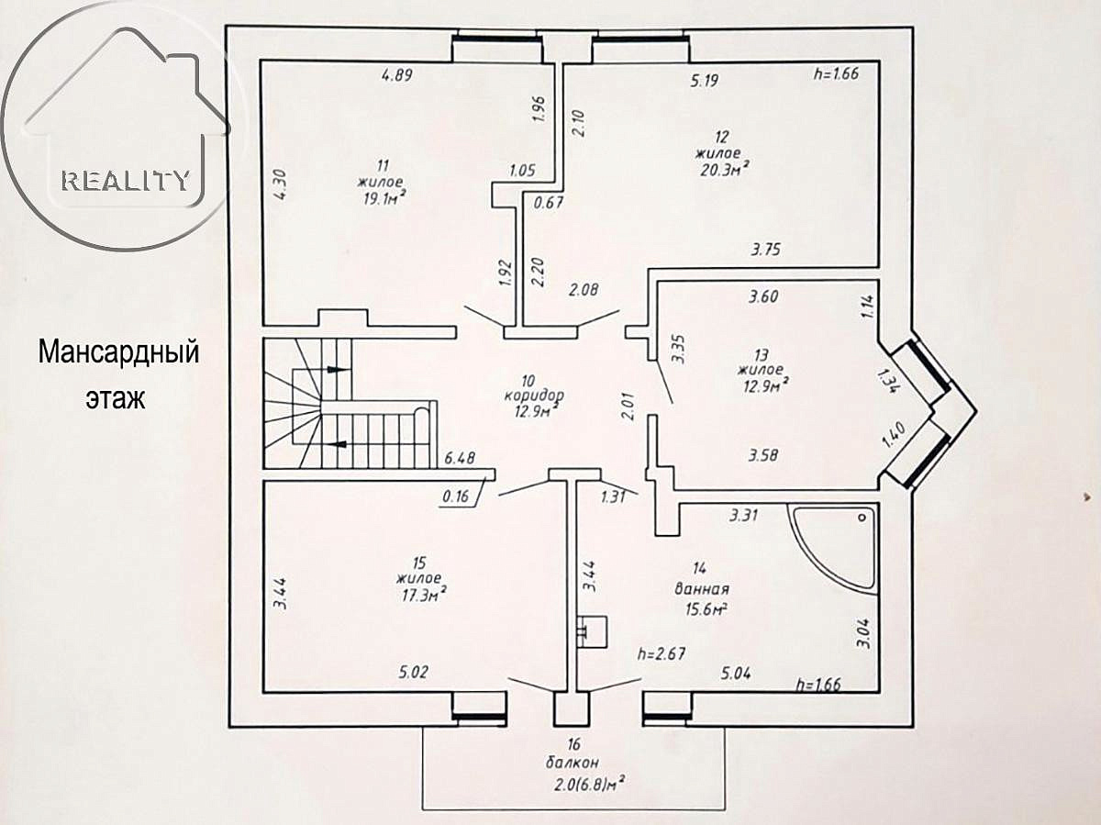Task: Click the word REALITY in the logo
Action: pos(126,180)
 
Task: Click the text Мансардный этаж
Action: pos(117,375)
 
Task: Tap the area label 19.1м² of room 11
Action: pos(383,195)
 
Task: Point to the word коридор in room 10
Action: pos(533,396)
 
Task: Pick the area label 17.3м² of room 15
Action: pos(421,594)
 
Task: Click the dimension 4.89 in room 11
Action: pos(396,76)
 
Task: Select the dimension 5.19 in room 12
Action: pos(704,81)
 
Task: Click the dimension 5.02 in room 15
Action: pos(413,673)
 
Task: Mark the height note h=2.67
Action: pos(662,653)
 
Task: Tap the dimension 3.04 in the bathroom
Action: pos(863,631)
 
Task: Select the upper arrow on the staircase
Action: pos(337,369)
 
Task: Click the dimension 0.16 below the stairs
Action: pos(456,496)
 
